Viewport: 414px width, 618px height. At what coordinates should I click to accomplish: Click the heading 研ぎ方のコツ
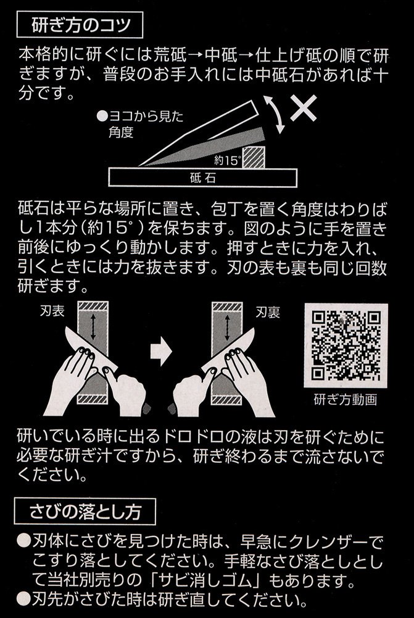tap(80, 25)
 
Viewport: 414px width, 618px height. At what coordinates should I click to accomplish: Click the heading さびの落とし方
tap(85, 511)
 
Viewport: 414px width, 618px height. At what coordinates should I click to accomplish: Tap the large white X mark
tap(304, 108)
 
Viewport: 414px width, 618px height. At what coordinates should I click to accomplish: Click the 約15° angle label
tap(228, 161)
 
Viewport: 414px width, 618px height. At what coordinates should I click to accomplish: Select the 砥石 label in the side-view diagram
tap(202, 178)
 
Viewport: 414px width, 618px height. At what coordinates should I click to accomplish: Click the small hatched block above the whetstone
tap(254, 157)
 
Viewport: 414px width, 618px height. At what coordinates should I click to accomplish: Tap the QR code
tap(346, 345)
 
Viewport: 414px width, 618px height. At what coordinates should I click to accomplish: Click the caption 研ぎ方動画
tap(346, 400)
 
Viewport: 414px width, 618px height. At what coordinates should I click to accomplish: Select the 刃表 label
tap(52, 311)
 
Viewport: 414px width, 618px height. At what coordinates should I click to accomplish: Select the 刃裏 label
tap(268, 313)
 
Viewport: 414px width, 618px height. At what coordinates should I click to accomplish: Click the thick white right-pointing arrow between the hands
tap(162, 352)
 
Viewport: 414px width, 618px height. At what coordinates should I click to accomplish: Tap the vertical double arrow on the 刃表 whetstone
tap(93, 326)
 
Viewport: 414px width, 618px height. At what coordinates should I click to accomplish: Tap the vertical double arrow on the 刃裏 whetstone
tap(227, 327)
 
